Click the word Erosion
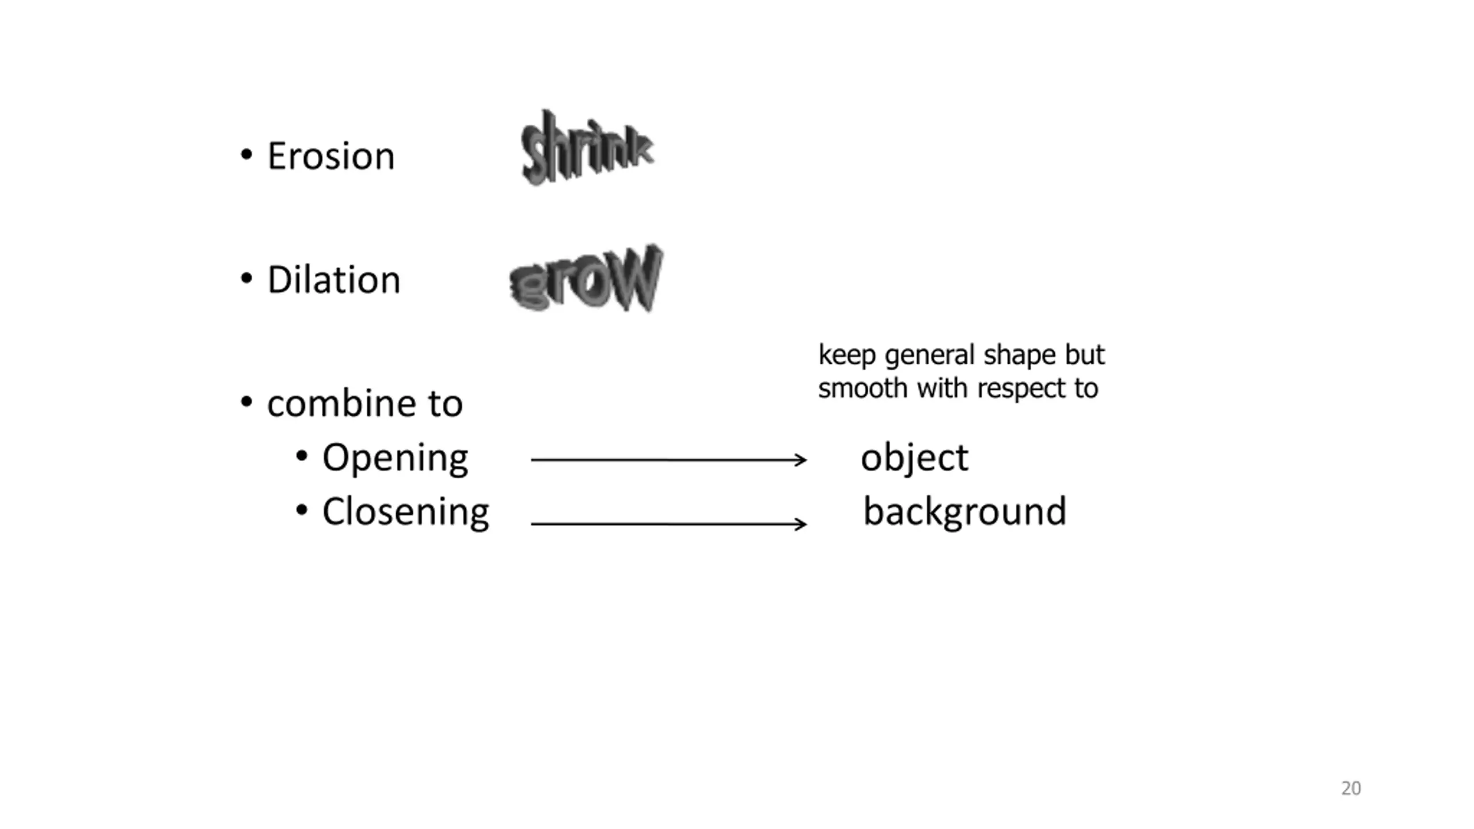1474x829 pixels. coord(331,156)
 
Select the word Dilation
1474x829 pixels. coord(334,280)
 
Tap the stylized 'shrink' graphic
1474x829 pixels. coord(587,148)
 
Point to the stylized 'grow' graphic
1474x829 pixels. coord(587,279)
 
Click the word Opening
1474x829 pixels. coord(395,459)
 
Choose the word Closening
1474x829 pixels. coord(406,512)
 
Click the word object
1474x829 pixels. coord(914,459)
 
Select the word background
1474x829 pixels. coord(965,512)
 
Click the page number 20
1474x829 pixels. coord(1351,788)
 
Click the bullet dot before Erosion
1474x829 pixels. coord(246,155)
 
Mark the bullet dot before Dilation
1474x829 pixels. coord(246,279)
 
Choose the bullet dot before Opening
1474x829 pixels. coord(302,457)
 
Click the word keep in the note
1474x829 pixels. coord(848,356)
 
